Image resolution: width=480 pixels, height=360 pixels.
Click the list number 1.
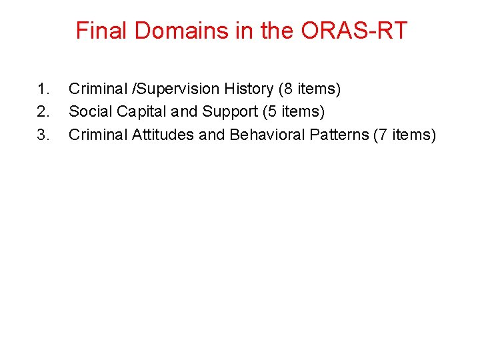43,89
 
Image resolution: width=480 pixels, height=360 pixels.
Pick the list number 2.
43,111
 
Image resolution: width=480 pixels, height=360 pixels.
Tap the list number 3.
43,135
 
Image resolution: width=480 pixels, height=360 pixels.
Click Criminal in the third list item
98,135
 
